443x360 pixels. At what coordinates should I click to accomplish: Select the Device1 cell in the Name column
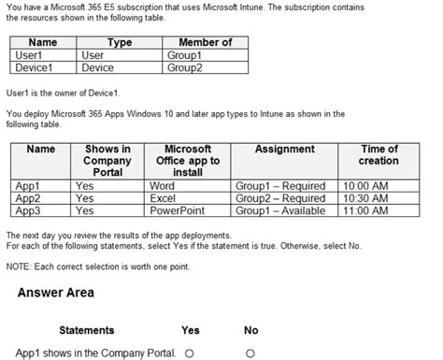[x=34, y=67]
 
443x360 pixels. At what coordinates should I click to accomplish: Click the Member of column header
[x=206, y=43]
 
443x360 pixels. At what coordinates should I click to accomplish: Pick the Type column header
[x=119, y=43]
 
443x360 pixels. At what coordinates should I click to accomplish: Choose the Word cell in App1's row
[x=163, y=186]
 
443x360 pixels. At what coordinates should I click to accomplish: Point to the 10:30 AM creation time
[x=367, y=198]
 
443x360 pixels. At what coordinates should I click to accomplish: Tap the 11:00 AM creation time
[x=367, y=210]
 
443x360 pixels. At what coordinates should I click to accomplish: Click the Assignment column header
[x=284, y=150]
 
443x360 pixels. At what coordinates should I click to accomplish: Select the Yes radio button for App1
[x=190, y=353]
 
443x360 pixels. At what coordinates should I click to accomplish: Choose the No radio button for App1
[x=250, y=353]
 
